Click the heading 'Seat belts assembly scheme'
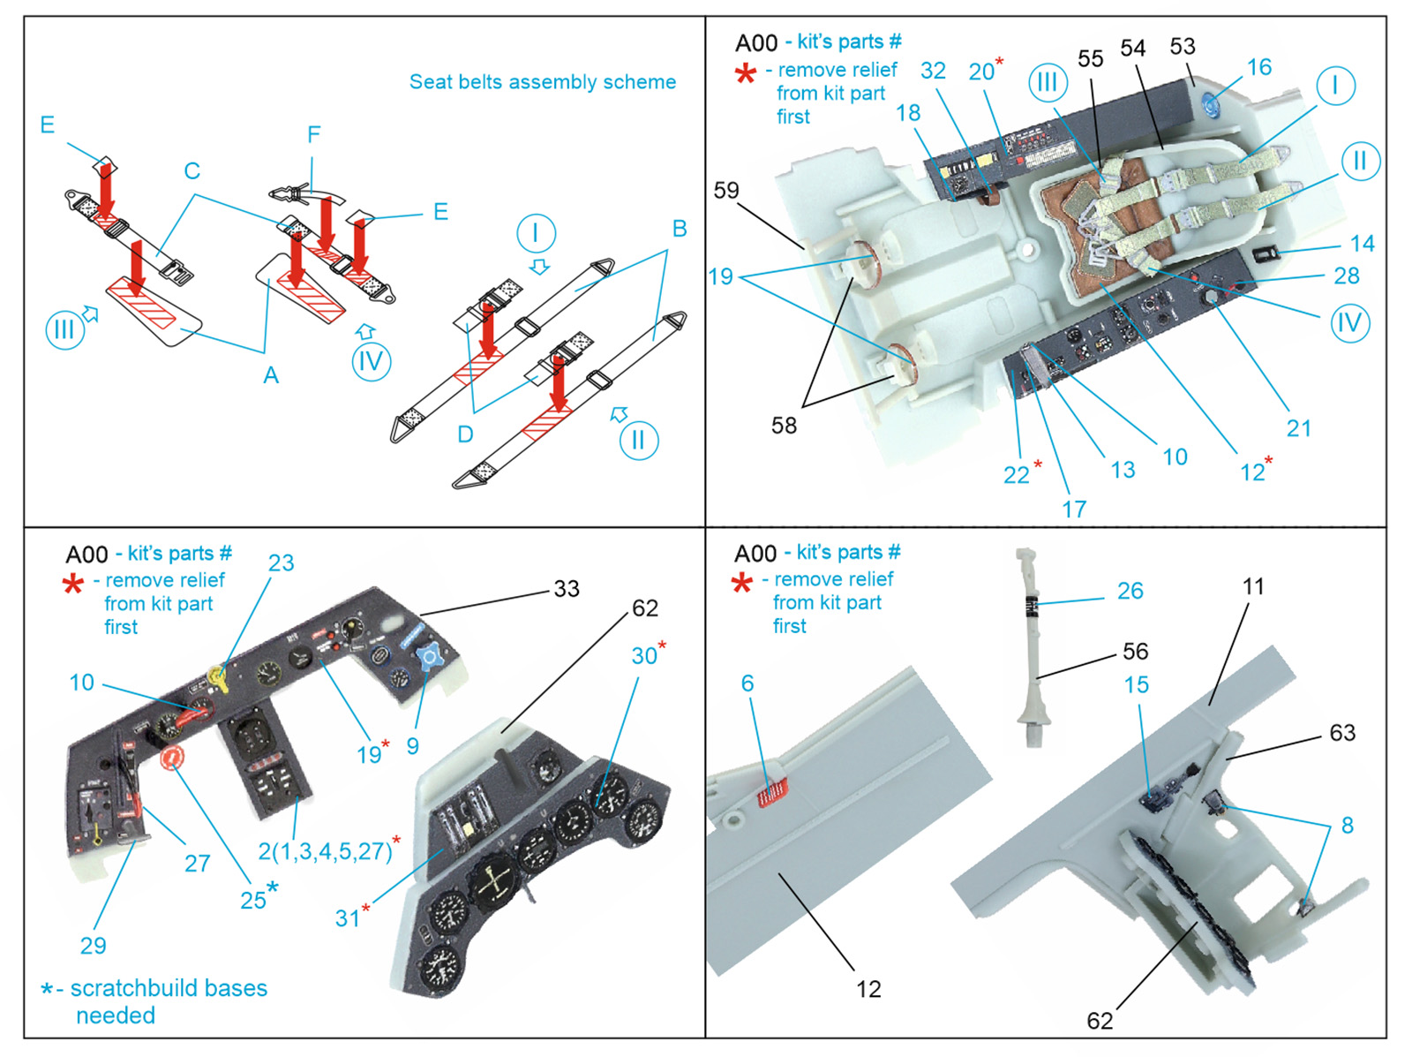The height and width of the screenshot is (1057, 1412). pyautogui.click(x=542, y=82)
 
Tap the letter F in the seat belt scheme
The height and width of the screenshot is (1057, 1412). pyautogui.click(x=313, y=134)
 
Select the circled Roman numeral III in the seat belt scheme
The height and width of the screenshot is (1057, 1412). pyautogui.click(x=64, y=330)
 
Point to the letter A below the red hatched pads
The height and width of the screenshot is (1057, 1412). pyautogui.click(x=270, y=375)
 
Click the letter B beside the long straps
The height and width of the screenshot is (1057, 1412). pyautogui.click(x=679, y=229)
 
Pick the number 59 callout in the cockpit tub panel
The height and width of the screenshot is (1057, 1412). pyautogui.click(x=725, y=191)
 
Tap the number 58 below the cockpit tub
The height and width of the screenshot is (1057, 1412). pyautogui.click(x=783, y=426)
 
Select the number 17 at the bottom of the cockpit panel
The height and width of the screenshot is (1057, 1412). pyautogui.click(x=1073, y=509)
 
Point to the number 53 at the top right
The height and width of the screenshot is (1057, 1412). pyautogui.click(x=1182, y=47)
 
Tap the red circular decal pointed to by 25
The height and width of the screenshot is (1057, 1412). pyautogui.click(x=171, y=757)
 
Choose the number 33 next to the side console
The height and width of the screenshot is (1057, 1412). pyautogui.click(x=566, y=589)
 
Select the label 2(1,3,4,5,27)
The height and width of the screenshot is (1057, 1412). pyautogui.click(x=324, y=851)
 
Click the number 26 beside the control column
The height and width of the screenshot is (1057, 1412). pyautogui.click(x=1130, y=591)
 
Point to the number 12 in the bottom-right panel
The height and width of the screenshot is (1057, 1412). pyautogui.click(x=867, y=989)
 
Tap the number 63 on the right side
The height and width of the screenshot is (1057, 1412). pyautogui.click(x=1341, y=733)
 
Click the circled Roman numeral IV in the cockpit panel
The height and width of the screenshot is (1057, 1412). pyautogui.click(x=1349, y=323)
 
